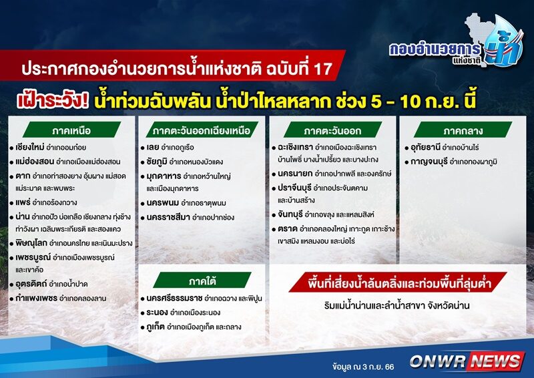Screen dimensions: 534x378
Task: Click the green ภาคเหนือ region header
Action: point(72,130)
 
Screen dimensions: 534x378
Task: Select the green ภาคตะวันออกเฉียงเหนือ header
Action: point(202,130)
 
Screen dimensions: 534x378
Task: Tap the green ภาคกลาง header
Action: point(463,130)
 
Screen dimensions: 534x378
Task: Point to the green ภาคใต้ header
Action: point(202,281)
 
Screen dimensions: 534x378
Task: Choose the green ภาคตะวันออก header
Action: point(332,130)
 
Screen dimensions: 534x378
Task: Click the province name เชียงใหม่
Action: point(30,147)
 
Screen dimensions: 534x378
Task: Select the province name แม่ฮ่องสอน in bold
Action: point(35,161)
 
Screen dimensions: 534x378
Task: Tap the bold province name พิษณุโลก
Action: point(31,243)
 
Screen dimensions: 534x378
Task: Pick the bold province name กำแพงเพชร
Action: point(37,298)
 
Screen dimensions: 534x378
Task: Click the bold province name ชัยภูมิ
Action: point(157,162)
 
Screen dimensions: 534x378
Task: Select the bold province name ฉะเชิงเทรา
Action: point(295,147)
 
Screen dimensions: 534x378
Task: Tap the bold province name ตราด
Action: point(288,228)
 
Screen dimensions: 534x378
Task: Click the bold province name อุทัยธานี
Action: point(425,148)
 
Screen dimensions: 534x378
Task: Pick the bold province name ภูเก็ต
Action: point(156,327)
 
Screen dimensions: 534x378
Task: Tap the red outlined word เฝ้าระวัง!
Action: point(53,101)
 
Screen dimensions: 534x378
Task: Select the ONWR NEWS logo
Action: point(467,361)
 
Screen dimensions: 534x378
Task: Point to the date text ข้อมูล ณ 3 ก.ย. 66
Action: point(363,367)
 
